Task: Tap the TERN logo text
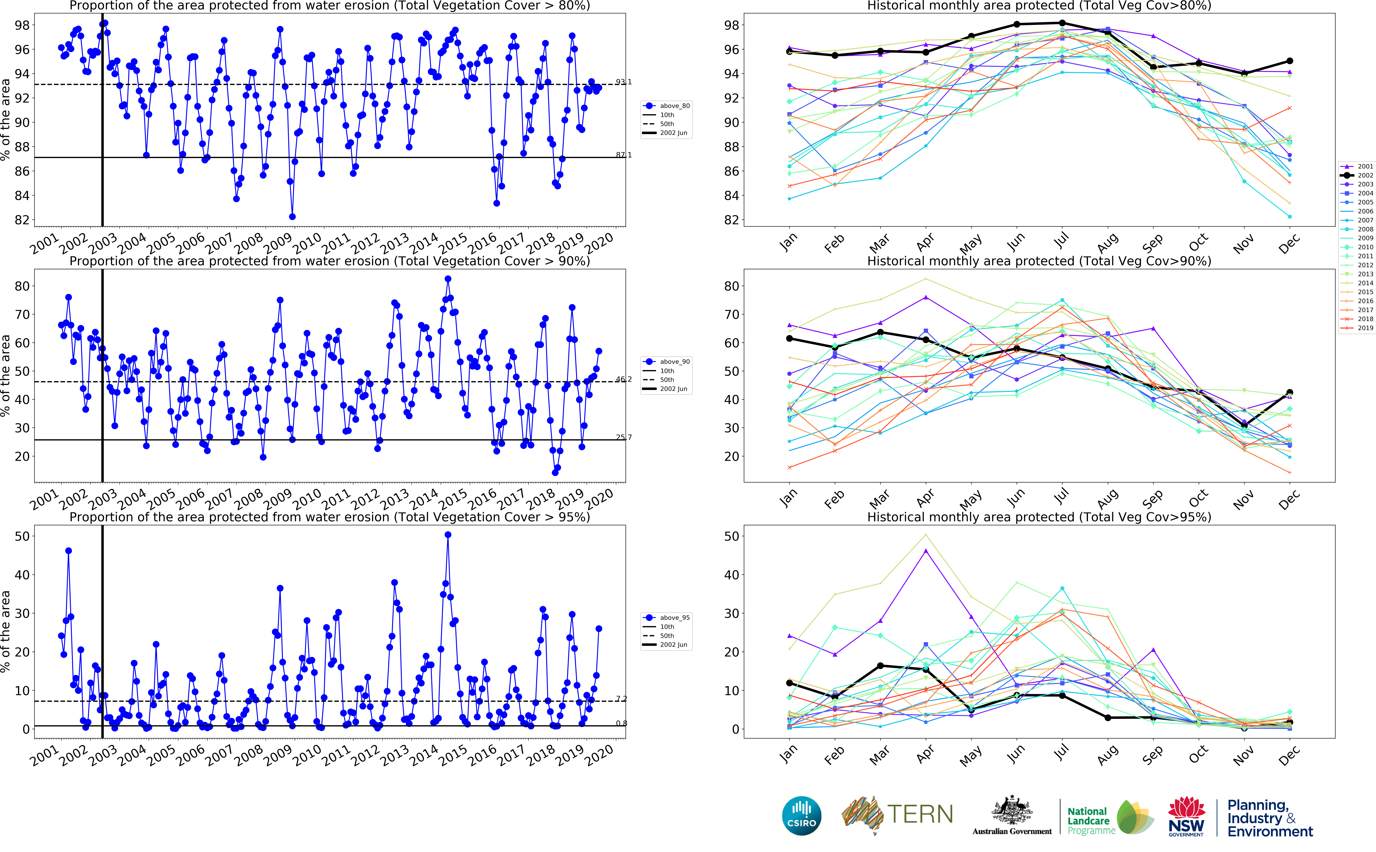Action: click(x=920, y=814)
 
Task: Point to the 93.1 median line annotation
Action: click(x=623, y=82)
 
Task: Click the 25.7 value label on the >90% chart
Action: click(x=623, y=437)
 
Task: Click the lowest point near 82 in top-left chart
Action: click(x=292, y=216)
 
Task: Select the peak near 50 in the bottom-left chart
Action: click(x=448, y=535)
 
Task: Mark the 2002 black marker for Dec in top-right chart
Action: click(x=1289, y=61)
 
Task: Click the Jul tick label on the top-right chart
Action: click(x=1061, y=241)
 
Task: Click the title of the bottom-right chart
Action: click(x=1039, y=517)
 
